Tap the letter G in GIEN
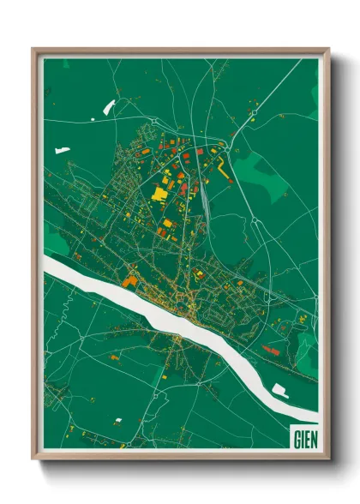296,438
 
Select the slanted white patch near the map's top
108,107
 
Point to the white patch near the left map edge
62,150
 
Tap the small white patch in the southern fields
117,420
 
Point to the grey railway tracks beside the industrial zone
206,197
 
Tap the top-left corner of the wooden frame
34,50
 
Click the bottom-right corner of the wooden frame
327,459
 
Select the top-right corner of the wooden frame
327,50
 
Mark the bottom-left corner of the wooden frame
34,459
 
